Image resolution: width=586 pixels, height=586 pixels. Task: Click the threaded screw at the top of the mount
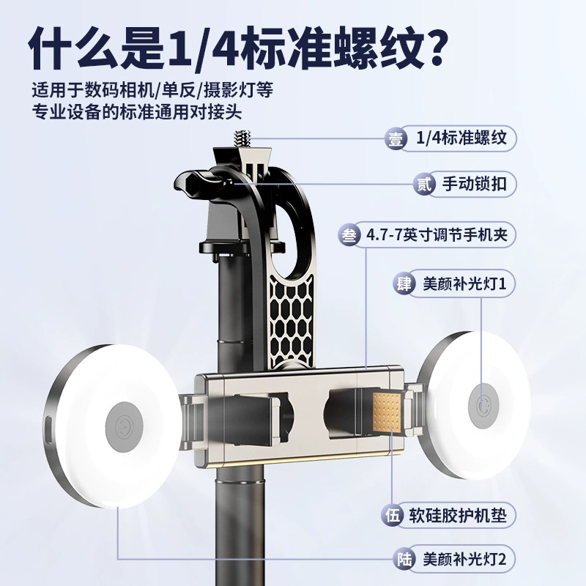pos(242,139)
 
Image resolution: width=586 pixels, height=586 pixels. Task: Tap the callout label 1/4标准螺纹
pos(461,138)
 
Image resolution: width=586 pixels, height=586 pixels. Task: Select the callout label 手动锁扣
pos(474,184)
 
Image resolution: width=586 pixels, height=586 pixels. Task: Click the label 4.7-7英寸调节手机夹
pos(437,235)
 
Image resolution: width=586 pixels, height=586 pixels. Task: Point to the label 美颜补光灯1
pos(464,283)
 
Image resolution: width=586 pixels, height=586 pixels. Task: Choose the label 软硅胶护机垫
pos(457,516)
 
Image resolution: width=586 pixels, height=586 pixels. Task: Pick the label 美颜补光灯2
pos(464,559)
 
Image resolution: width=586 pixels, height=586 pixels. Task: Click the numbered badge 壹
pos(396,139)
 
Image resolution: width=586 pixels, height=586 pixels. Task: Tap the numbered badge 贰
pos(424,185)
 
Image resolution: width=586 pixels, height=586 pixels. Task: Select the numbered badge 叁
pos(349,235)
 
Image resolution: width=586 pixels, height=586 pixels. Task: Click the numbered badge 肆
pos(404,284)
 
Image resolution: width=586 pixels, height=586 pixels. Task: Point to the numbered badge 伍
pos(393,516)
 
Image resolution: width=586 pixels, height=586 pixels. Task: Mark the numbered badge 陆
pos(404,560)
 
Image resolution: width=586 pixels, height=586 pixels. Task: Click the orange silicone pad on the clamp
pos(387,411)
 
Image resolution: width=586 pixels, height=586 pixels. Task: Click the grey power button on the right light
pos(483,406)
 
